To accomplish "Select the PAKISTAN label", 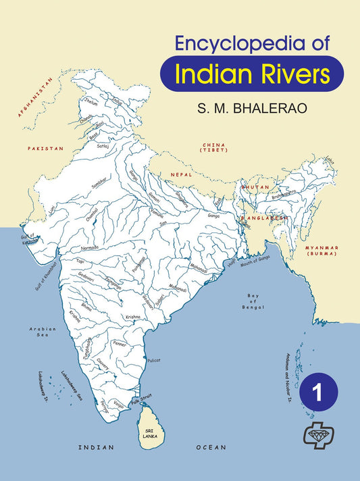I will click(x=45, y=147).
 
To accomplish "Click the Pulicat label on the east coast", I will click(x=154, y=360).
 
